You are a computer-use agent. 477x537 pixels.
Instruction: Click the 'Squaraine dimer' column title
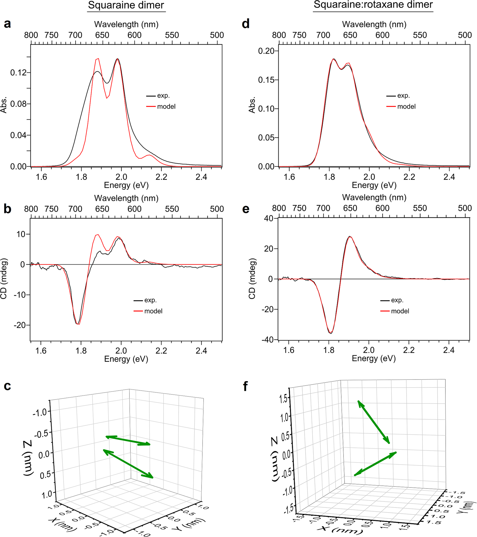(x=126, y=5)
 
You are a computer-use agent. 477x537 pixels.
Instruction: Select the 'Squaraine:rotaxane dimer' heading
(x=373, y=5)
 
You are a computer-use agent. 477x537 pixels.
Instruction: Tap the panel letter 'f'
(x=245, y=386)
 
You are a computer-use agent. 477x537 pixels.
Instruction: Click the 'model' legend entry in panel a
(x=166, y=107)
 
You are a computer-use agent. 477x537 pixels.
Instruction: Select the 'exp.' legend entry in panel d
(x=403, y=96)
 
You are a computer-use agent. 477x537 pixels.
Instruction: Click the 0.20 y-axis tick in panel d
(x=266, y=51)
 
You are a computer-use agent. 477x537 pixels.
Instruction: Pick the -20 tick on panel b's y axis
(x=19, y=325)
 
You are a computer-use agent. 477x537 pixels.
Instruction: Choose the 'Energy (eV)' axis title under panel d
(x=374, y=185)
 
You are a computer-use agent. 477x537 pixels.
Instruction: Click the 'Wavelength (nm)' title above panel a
(x=126, y=24)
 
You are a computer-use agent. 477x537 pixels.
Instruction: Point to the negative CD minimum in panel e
(x=330, y=333)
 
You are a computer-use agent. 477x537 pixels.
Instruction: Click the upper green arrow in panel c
(x=128, y=440)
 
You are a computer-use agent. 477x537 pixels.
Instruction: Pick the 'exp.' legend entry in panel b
(x=150, y=300)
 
